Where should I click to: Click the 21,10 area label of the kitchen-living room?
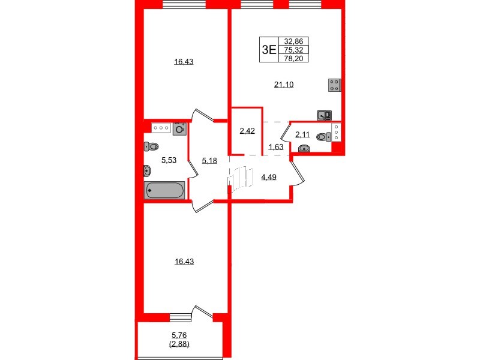pyautogui.click(x=283, y=85)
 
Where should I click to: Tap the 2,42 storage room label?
pyautogui.click(x=247, y=131)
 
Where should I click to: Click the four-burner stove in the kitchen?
pyautogui.click(x=335, y=85)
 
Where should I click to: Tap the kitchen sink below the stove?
pyautogui.click(x=325, y=114)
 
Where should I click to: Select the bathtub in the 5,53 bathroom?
pyautogui.click(x=164, y=191)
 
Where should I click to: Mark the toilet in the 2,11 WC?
pyautogui.click(x=323, y=137)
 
